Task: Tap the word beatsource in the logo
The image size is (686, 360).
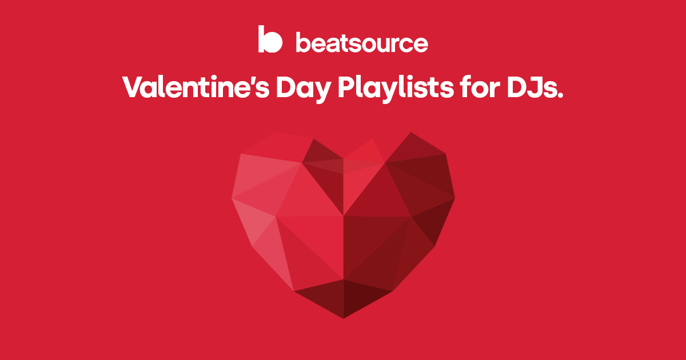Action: tap(361, 43)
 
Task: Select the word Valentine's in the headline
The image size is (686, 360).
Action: tap(188, 87)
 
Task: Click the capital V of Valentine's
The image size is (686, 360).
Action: tap(134, 87)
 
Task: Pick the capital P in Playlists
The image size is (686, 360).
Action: tap(346, 87)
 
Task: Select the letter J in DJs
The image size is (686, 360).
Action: tap(535, 87)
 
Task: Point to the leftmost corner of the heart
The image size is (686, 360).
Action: tap(232, 198)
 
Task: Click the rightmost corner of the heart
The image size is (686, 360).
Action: tap(454, 198)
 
